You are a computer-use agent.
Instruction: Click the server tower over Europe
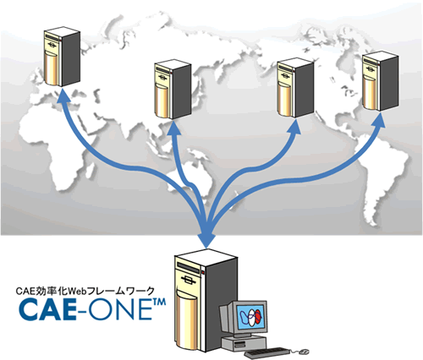(x=62, y=57)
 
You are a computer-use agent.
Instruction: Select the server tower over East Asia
(x=173, y=89)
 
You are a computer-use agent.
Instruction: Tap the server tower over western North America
(x=295, y=88)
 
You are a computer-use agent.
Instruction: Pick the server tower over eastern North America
(x=381, y=81)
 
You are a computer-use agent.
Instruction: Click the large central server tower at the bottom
(x=206, y=300)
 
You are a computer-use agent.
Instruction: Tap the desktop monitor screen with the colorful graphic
(x=250, y=318)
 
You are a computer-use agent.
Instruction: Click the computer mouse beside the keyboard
(x=304, y=352)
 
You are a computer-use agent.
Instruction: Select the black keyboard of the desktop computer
(x=266, y=352)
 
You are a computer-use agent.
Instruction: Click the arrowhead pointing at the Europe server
(x=62, y=95)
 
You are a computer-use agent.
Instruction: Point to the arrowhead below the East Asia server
(x=174, y=128)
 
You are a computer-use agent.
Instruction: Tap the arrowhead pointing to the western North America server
(x=295, y=126)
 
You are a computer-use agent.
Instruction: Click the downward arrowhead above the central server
(x=206, y=240)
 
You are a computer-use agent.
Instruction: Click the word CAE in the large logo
(x=47, y=309)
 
